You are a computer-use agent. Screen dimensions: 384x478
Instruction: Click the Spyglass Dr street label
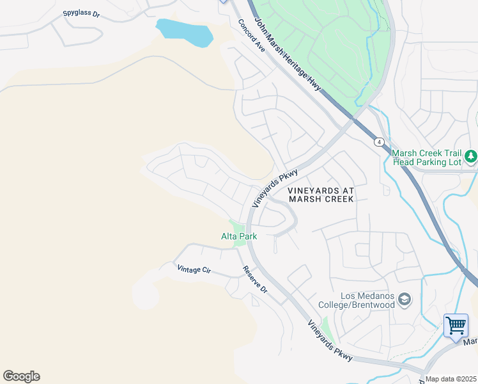[82, 13]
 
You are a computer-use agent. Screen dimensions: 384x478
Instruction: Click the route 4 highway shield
[379, 141]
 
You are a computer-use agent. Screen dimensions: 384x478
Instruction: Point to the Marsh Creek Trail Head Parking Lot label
[426, 157]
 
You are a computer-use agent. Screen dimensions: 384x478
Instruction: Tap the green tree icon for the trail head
[471, 156]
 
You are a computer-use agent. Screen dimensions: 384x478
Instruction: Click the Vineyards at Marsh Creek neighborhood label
[320, 195]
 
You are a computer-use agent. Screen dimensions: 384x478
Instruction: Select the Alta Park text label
[239, 236]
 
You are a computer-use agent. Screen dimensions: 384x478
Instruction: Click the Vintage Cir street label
[194, 269]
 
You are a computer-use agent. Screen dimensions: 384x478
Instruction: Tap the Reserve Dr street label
[254, 279]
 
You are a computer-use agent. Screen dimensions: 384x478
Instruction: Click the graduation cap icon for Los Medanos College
[404, 299]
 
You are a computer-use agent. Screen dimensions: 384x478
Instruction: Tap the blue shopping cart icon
[456, 325]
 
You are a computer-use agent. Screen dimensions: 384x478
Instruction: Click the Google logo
[21, 376]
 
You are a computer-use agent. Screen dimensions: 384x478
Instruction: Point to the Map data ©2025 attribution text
[451, 379]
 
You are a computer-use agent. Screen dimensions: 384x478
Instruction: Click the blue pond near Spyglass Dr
[184, 33]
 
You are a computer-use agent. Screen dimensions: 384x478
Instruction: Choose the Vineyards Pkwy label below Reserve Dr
[330, 340]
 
